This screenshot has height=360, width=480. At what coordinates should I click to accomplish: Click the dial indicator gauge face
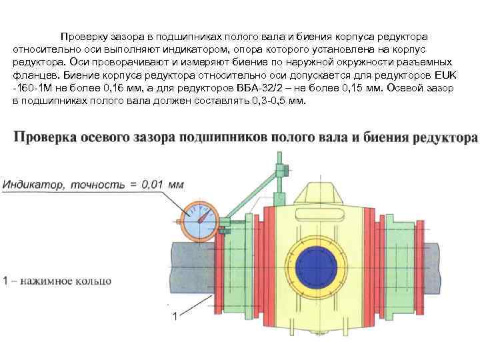(199, 221)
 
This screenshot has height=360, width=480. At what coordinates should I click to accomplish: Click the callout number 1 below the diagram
(174, 316)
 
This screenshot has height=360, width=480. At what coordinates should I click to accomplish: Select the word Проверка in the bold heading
(47, 138)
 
